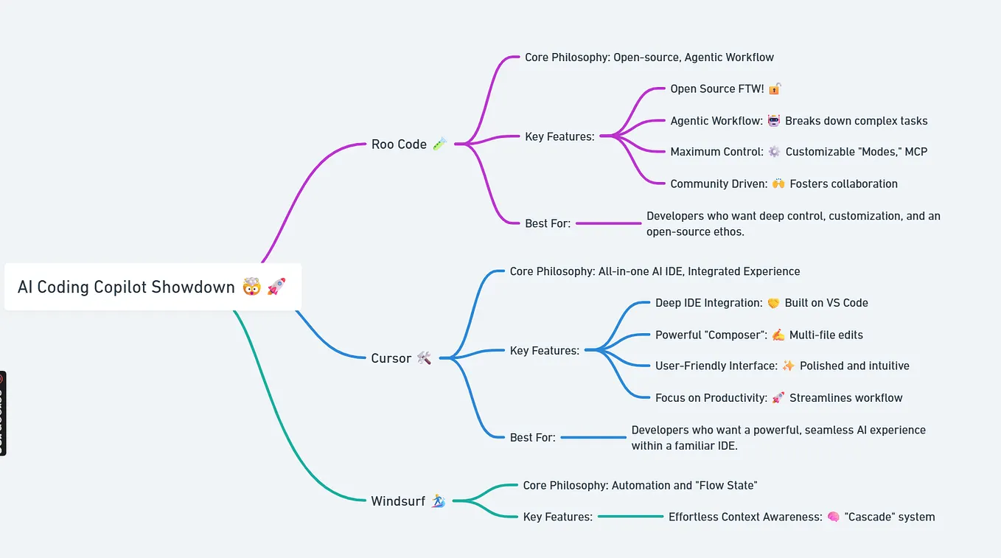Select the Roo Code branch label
[399, 144]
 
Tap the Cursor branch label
[391, 358]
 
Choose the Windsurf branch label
[398, 501]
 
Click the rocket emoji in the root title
[276, 287]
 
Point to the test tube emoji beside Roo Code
[439, 144]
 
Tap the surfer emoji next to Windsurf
[438, 501]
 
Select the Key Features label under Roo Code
[559, 136]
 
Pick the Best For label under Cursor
[532, 438]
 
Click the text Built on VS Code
[826, 303]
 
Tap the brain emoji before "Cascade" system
[834, 517]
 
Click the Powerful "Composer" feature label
[710, 335]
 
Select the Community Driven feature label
[717, 184]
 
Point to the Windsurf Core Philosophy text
[640, 486]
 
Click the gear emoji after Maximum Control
[774, 152]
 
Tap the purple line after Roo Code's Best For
[608, 223]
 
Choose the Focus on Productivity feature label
[711, 398]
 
